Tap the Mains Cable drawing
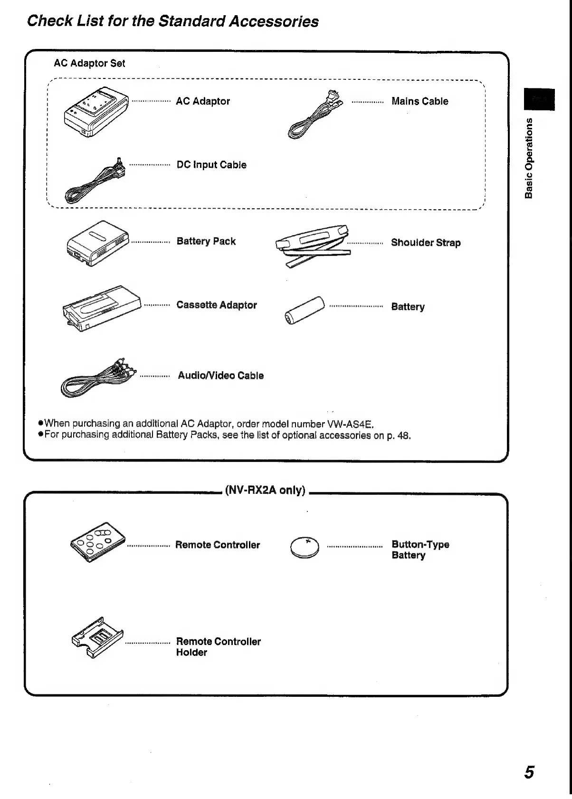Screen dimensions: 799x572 [x=315, y=116]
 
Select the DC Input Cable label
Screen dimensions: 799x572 [x=211, y=165]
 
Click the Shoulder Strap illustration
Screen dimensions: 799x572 [x=313, y=245]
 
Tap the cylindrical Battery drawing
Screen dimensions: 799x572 [x=305, y=310]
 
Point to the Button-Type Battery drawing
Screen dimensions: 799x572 [x=305, y=548]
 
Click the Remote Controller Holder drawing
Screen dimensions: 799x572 [x=97, y=637]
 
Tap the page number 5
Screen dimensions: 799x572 [x=529, y=772]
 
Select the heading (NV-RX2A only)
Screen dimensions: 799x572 [x=265, y=490]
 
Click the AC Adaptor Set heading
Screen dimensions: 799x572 [x=89, y=63]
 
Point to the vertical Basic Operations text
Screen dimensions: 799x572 [x=529, y=157]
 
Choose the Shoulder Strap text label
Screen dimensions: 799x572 [x=426, y=242]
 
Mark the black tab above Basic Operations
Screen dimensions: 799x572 [x=539, y=99]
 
